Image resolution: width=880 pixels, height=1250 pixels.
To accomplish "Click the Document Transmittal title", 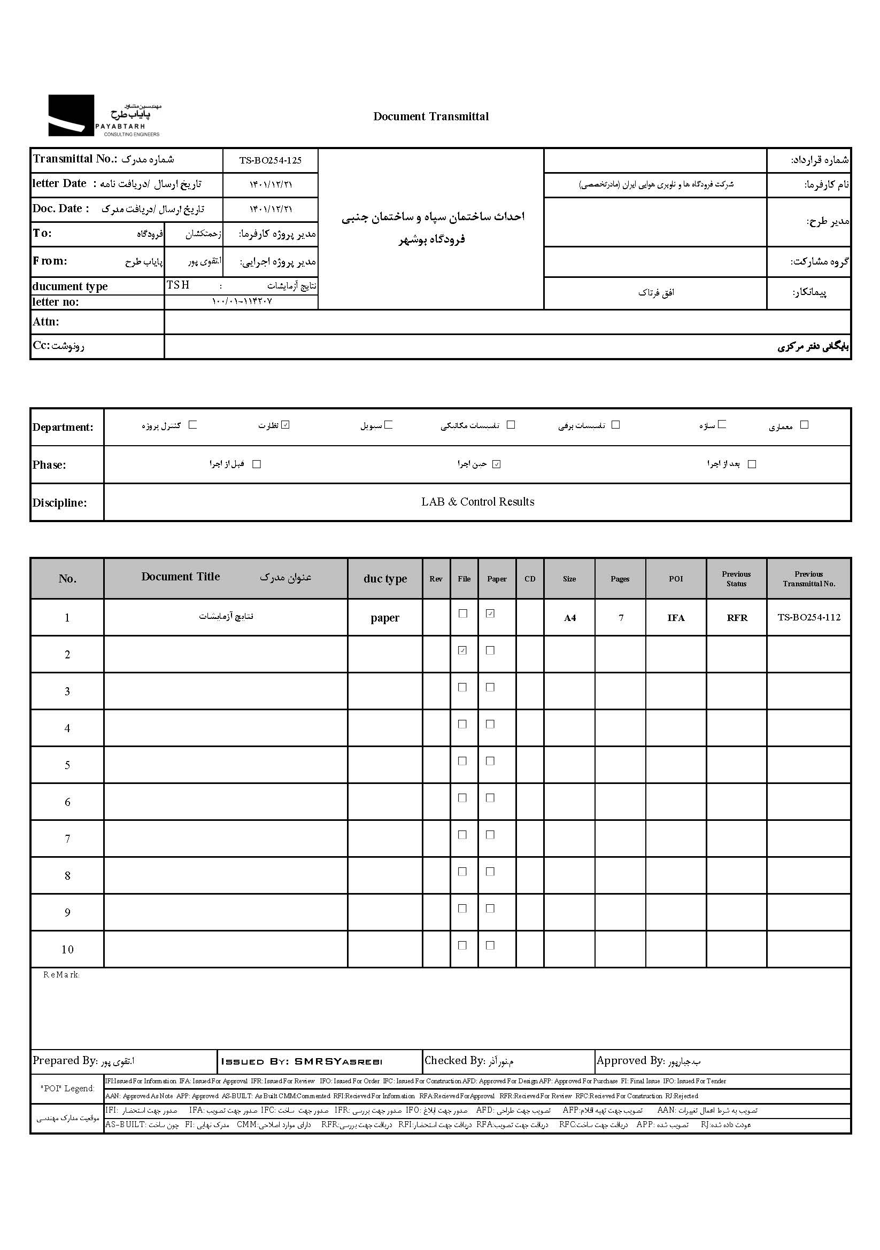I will (431, 117).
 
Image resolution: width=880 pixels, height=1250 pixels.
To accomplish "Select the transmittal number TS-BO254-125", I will (270, 161).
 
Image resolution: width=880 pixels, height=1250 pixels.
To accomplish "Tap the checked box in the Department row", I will (286, 425).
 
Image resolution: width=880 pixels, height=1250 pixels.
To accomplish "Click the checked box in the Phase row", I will (496, 464).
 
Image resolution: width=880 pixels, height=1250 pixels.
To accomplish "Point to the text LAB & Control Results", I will (477, 502).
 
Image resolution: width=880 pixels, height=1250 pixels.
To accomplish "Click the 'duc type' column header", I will (385, 579).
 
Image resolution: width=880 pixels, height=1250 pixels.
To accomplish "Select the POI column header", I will (675, 579).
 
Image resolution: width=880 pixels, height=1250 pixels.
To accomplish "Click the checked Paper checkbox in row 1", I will (490, 614).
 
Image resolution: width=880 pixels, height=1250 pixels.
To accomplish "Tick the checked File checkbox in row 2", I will (462, 650).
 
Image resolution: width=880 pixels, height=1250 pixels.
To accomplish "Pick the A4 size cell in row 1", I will (569, 618).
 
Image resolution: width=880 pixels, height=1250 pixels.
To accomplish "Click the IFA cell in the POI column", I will (676, 618).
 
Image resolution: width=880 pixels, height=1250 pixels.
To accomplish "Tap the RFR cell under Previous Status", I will (737, 618).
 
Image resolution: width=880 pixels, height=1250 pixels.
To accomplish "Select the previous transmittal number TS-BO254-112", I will (809, 617).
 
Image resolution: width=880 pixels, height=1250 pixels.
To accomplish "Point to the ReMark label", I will (61, 975).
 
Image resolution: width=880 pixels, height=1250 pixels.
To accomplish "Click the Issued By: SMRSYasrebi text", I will (302, 1062).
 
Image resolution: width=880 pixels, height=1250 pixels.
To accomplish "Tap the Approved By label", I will (630, 1060).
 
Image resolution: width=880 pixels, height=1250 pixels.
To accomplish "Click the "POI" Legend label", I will (67, 1089).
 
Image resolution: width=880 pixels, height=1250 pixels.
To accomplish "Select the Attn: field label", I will (46, 322).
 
